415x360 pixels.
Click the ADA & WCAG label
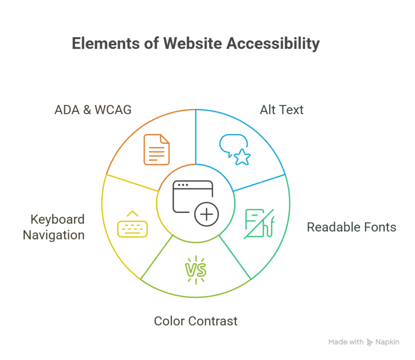tap(93, 110)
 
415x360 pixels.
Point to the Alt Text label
tap(281, 110)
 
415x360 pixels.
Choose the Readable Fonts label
tap(351, 227)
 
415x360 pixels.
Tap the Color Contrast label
tap(196, 321)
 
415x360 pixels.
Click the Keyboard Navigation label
tap(53, 227)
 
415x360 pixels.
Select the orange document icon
tap(156, 150)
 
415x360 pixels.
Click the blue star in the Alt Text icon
tap(242, 157)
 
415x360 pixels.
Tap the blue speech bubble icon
tap(232, 144)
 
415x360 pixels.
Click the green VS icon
tap(195, 269)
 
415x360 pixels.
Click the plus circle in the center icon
tap(206, 214)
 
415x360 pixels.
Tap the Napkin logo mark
tap(370, 342)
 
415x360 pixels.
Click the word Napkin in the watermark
tap(387, 342)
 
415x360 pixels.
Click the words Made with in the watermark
tap(346, 342)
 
